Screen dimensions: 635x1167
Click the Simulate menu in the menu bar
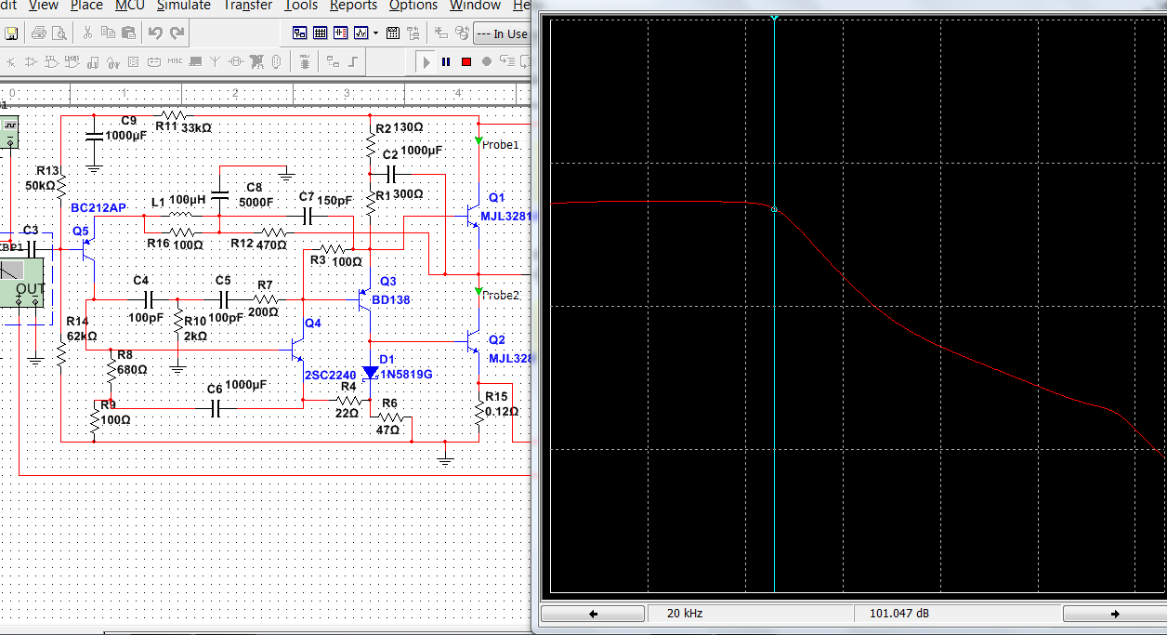(183, 6)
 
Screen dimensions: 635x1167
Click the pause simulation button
(446, 61)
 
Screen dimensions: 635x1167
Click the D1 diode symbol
(371, 373)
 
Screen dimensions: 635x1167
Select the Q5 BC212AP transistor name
(98, 207)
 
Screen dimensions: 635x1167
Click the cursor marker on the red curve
(774, 209)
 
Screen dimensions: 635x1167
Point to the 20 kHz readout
(685, 614)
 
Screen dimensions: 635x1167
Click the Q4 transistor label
(313, 323)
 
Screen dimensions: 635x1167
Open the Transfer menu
(247, 6)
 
